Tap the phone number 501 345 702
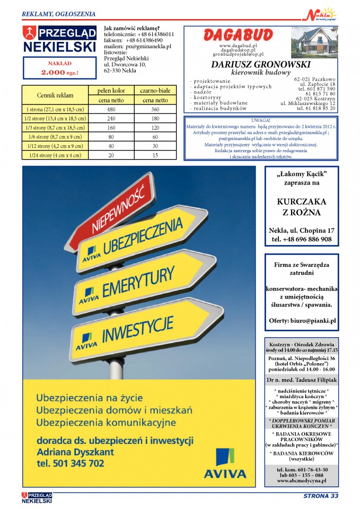[x=71, y=463]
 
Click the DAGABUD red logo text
[x=239, y=36]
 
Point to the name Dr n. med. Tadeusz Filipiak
[x=301, y=379]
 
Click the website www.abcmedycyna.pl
[x=301, y=480]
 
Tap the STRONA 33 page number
[x=320, y=496]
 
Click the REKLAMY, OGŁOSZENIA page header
[x=59, y=13]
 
